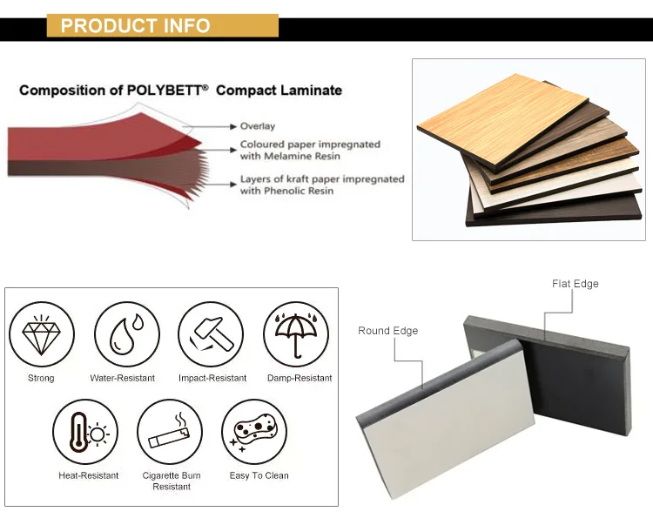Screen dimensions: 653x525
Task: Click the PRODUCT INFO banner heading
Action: pyautogui.click(x=135, y=25)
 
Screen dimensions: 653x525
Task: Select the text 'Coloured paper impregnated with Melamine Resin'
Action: pyautogui.click(x=310, y=150)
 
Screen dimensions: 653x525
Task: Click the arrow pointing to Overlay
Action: pyautogui.click(x=218, y=126)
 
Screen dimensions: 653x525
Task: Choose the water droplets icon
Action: pyautogui.click(x=122, y=333)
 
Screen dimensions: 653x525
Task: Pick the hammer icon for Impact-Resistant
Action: pyautogui.click(x=212, y=333)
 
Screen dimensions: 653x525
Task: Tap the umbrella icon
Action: pyautogui.click(x=296, y=333)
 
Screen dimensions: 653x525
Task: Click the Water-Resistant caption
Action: pyautogui.click(x=122, y=378)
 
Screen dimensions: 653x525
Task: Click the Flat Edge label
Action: pyautogui.click(x=575, y=284)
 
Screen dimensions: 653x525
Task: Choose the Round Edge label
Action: pyautogui.click(x=387, y=331)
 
